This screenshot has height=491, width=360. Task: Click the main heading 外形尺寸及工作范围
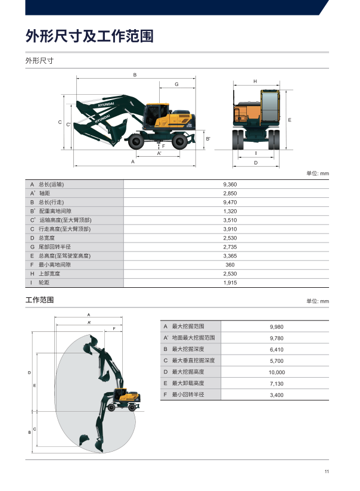[89, 36]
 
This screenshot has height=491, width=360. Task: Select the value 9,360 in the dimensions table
[230, 185]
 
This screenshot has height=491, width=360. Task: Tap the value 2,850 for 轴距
[230, 193]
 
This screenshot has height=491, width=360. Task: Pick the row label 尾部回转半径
[54, 247]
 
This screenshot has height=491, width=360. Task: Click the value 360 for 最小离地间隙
[230, 265]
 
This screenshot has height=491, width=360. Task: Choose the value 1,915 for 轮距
[230, 282]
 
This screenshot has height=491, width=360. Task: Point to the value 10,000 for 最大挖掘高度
[277, 372]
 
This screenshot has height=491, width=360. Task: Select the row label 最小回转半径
[188, 394]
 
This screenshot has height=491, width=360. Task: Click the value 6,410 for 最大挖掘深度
[277, 349]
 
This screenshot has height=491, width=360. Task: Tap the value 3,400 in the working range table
[277, 395]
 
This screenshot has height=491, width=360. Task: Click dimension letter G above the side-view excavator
[176, 84]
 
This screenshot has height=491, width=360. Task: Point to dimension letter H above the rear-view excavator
[255, 81]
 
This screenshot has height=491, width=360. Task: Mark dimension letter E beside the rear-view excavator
[290, 120]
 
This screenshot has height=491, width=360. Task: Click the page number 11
[327, 471]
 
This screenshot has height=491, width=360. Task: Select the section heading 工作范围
[39, 300]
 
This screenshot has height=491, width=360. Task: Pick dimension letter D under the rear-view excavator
[256, 163]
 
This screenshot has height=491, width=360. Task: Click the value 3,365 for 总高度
[230, 256]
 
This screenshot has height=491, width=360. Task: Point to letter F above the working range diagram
[114, 328]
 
